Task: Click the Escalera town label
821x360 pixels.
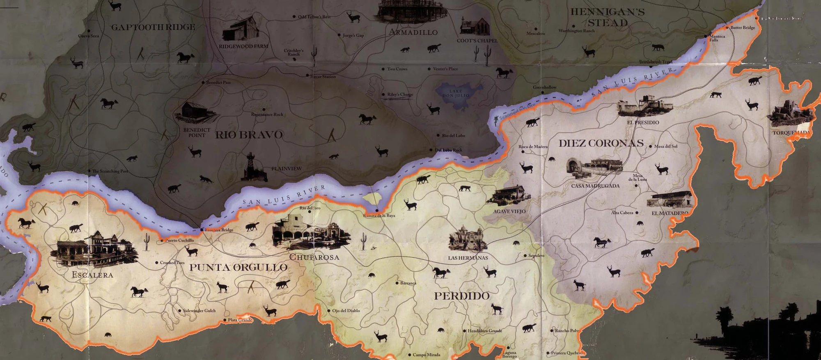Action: (x=92, y=275)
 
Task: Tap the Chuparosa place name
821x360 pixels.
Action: (x=314, y=257)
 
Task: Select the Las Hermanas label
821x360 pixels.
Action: (x=468, y=258)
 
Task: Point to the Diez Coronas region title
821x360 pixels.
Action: (x=601, y=143)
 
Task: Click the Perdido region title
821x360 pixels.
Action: (x=462, y=296)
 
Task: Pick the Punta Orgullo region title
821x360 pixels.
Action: (x=238, y=268)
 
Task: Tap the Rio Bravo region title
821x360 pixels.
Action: (x=249, y=135)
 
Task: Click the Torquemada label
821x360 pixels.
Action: (x=791, y=133)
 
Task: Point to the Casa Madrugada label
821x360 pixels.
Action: (x=595, y=186)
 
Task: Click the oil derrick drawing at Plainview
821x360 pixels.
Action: (x=250, y=167)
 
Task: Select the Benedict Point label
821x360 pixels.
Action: (x=197, y=133)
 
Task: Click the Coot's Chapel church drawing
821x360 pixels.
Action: (x=475, y=26)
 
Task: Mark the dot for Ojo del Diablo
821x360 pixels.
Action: (x=329, y=311)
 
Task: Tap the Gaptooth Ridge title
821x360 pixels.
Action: (x=153, y=27)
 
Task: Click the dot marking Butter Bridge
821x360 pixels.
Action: (x=727, y=28)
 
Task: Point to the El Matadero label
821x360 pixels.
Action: (x=670, y=213)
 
